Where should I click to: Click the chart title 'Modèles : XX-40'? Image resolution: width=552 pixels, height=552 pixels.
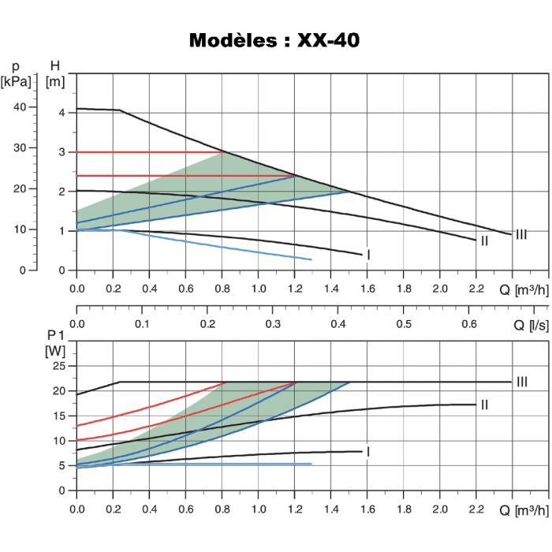(x=274, y=41)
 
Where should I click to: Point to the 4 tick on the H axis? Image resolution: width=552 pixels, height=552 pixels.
(x=62, y=113)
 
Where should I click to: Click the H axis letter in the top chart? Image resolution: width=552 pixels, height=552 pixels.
(x=54, y=65)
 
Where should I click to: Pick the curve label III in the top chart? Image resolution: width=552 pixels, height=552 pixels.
(x=520, y=234)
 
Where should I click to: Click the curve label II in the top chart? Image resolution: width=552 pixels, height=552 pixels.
(x=484, y=241)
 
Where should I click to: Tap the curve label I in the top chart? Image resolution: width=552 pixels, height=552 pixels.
(x=368, y=255)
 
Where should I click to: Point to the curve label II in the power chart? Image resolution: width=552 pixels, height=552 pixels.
(x=484, y=405)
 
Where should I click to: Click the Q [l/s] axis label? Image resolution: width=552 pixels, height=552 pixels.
(x=529, y=324)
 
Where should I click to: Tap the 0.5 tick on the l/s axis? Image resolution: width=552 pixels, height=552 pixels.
(x=404, y=324)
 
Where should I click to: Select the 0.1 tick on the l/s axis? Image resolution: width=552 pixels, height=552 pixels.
(x=143, y=324)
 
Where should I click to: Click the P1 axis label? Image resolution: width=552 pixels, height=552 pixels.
(x=54, y=336)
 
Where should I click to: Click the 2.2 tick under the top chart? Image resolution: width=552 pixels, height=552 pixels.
(x=476, y=289)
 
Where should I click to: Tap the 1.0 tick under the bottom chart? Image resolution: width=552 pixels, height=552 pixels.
(x=259, y=509)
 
